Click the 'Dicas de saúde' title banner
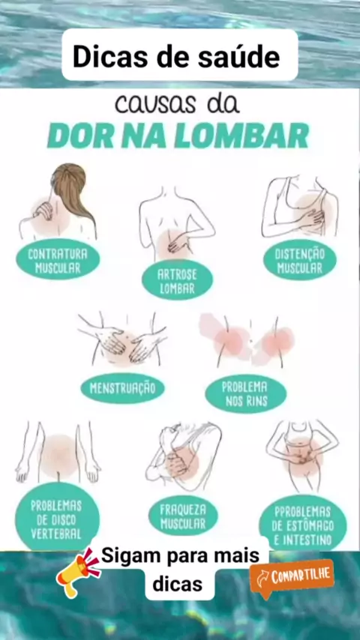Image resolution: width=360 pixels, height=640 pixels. [x=180, y=55]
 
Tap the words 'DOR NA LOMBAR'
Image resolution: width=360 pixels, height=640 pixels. [x=178, y=135]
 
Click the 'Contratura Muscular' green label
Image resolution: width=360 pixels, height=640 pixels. [x=58, y=259]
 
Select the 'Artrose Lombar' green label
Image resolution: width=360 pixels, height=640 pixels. [x=177, y=280]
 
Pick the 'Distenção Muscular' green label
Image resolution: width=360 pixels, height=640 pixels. [x=299, y=259]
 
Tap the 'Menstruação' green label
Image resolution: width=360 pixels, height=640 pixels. [x=122, y=387]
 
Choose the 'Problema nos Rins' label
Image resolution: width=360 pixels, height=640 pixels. [x=246, y=394]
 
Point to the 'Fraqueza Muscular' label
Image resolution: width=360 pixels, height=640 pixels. [x=183, y=516]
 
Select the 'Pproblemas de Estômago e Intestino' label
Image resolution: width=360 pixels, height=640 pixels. [x=303, y=525]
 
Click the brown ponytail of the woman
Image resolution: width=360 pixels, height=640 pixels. [x=73, y=192]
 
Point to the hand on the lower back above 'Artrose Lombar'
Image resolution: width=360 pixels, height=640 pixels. [x=177, y=244]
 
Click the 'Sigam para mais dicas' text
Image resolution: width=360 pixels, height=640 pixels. [x=179, y=570]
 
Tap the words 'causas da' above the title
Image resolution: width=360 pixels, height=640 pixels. [x=177, y=104]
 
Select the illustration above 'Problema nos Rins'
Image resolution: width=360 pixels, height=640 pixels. [x=247, y=340]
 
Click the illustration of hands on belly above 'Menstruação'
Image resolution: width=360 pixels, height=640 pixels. [x=122, y=339]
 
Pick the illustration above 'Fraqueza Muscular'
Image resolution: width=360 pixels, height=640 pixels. [x=184, y=456]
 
